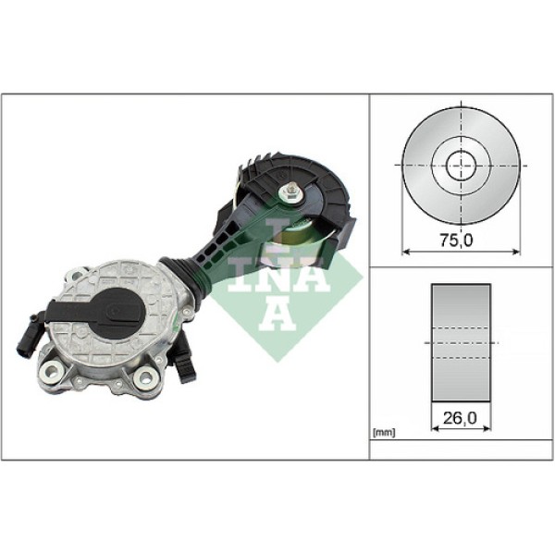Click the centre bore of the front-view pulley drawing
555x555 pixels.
461,166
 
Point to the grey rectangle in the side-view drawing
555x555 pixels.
461,342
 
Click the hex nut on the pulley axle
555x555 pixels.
292,192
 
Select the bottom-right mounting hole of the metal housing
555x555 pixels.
145,377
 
